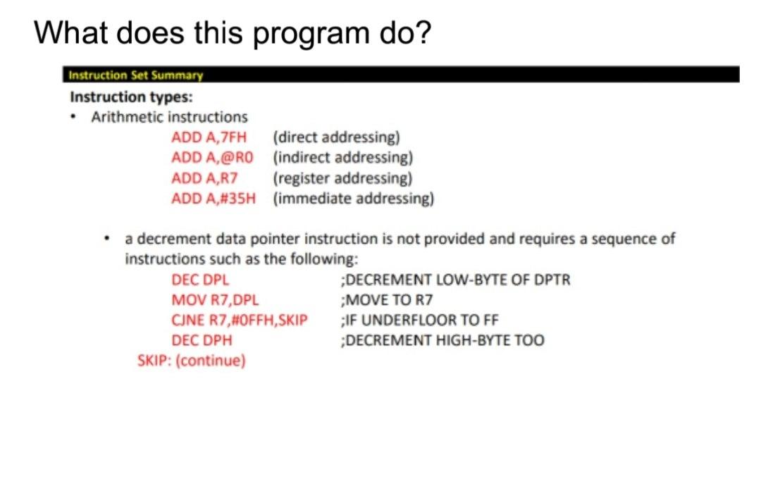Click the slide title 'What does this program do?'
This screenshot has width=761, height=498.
[x=232, y=32]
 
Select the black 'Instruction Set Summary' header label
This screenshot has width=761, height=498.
[x=135, y=75]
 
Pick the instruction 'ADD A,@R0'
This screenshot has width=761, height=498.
[x=212, y=157]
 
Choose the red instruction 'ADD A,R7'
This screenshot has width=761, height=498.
[x=204, y=178]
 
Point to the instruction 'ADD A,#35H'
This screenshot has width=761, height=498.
[x=213, y=198]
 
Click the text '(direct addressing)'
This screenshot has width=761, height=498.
[x=337, y=137]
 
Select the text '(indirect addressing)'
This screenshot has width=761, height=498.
[x=342, y=157]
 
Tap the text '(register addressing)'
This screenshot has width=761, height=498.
[x=342, y=178]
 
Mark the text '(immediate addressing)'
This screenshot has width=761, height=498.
[x=353, y=198]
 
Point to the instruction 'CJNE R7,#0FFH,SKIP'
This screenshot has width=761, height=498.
[x=240, y=320]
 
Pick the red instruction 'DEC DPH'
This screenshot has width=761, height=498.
[x=202, y=341]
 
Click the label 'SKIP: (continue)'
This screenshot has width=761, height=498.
[x=191, y=361]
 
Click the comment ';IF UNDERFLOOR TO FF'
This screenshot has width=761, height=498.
[x=419, y=320]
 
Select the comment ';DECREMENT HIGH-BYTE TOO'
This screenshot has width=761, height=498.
[x=442, y=341]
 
